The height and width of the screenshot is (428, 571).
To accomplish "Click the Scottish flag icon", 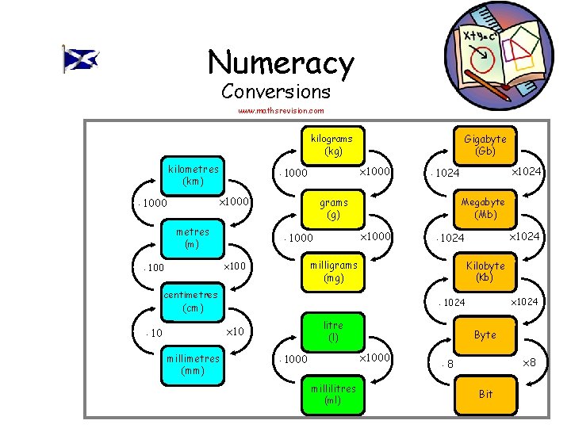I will point(81,59).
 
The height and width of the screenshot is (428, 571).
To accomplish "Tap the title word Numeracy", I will point(281,63).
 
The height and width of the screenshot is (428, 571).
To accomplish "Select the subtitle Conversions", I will point(276,91).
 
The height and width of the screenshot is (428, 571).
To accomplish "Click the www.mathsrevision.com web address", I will point(282,111).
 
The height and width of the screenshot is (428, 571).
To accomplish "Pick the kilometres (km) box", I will point(194,174).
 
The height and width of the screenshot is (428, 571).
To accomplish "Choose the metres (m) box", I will point(193,238).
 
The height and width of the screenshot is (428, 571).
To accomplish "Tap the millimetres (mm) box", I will point(194,365).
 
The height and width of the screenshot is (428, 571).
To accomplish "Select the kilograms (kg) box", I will point(333,144).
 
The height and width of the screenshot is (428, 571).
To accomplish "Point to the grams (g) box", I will point(333,208).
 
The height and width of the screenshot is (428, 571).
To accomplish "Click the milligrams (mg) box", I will point(333,272).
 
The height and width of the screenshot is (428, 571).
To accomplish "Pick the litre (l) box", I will point(333,331).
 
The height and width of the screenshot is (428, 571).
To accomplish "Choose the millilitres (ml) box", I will point(333,395).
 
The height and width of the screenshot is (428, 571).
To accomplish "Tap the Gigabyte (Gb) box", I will point(485,144).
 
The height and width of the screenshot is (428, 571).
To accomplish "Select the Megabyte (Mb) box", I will point(485,208).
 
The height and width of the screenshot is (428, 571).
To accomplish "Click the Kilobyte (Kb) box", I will point(485,272).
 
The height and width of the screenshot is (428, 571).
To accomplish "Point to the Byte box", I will point(485,334).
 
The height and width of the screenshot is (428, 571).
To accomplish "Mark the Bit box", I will point(485,394).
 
